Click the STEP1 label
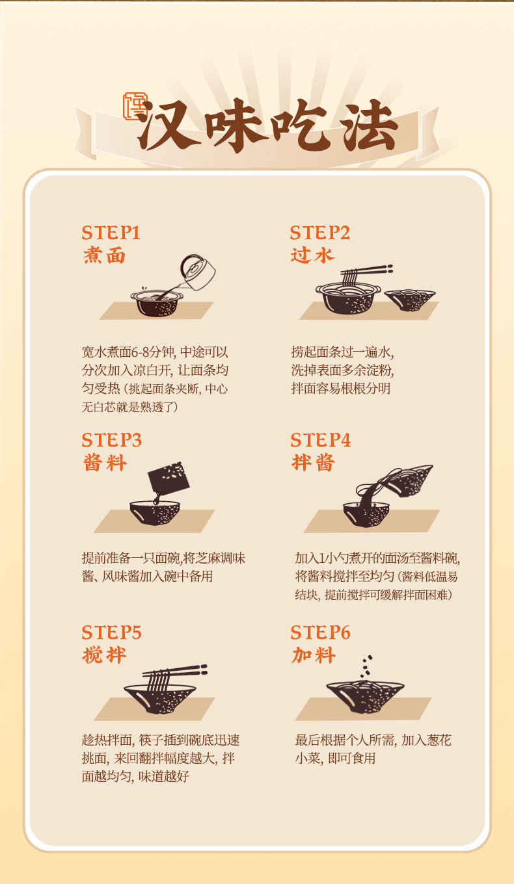pos(111,233)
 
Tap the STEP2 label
pos(319,233)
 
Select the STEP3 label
pos(111,441)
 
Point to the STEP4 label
pos(320,441)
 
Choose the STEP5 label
pos(111,632)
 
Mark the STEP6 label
pos(320,632)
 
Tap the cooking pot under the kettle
pos(157,303)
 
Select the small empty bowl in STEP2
pos(410,300)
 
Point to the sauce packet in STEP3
pos(169,478)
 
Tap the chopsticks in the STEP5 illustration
pos(174,671)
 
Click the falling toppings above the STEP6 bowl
pos(366,667)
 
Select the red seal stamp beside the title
pos(135,106)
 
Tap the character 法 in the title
pos(370,125)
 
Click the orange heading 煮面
pos(104,255)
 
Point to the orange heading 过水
pos(312,255)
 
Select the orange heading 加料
pos(314,655)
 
